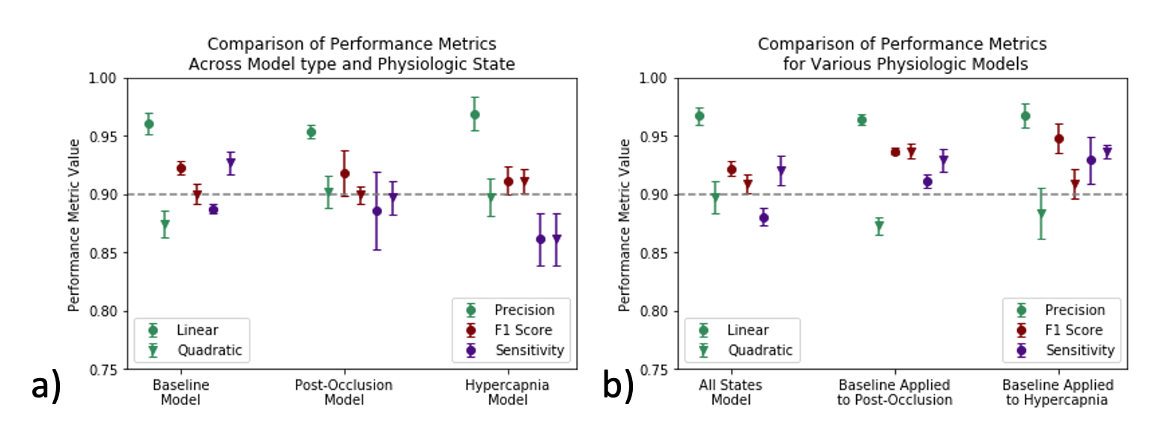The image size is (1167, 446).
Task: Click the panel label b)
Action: [x=619, y=387]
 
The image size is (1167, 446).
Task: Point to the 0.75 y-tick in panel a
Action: [x=106, y=370]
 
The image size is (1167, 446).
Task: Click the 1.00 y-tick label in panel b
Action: [x=657, y=78]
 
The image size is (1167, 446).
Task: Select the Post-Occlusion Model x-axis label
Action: [x=345, y=392]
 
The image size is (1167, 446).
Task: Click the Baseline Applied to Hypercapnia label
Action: [x=1058, y=392]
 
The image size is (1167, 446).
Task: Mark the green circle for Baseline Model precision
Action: [x=148, y=123]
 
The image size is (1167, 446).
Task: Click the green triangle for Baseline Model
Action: [x=165, y=224]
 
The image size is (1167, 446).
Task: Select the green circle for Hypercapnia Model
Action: [x=475, y=114]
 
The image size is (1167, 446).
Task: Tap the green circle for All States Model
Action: [x=699, y=116]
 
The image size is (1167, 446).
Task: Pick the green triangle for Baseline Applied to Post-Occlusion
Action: [x=879, y=227]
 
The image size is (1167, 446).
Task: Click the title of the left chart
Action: [x=351, y=54]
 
